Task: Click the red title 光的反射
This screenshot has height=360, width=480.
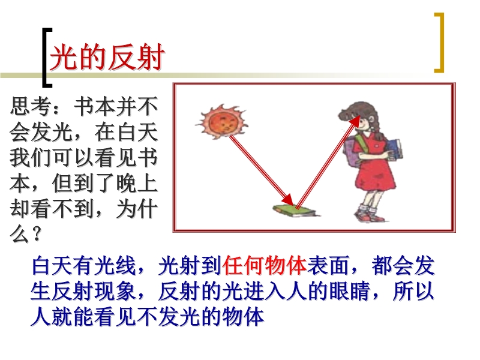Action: coord(107,58)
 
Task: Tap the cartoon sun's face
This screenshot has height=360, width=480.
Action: coord(223,122)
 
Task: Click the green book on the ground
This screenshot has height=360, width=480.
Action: coord(295,211)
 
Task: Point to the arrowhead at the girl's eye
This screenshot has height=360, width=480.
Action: coord(355,121)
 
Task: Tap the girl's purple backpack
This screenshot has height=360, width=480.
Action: coord(352,150)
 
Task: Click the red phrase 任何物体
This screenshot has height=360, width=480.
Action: coord(265,265)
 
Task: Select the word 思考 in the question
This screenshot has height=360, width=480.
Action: coord(31,106)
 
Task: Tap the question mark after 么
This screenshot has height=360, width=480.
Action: coord(36,234)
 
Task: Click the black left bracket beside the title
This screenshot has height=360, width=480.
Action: coord(47,58)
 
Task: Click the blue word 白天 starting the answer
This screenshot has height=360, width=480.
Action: coord(52,265)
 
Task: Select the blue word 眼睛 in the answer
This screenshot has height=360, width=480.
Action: coord(349,290)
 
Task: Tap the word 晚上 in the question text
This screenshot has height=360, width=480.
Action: coord(137,183)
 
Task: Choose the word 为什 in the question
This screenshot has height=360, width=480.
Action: coord(137,209)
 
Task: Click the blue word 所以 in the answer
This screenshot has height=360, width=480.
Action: coord(413,290)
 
